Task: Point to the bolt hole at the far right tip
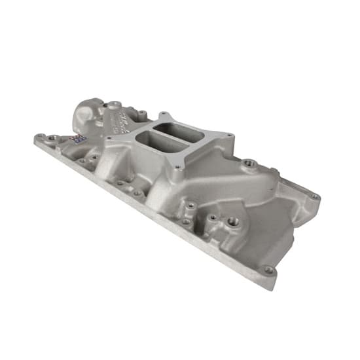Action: (x=315, y=196)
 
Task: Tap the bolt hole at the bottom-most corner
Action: (x=268, y=269)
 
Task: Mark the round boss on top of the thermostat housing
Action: (x=114, y=103)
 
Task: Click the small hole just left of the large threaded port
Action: (x=213, y=217)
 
